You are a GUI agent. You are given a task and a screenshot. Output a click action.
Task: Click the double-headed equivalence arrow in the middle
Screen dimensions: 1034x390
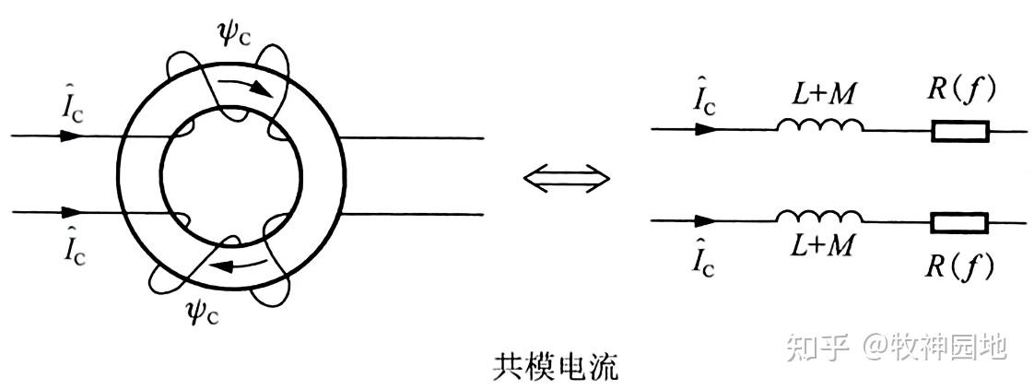[566, 178]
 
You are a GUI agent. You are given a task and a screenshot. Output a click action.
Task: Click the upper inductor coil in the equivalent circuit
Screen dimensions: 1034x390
[819, 127]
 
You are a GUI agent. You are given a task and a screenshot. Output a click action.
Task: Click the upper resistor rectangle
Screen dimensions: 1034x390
[959, 131]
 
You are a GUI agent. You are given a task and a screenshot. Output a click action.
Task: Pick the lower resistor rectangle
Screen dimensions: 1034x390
[959, 222]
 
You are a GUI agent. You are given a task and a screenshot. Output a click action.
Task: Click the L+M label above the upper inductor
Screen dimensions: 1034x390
[819, 94]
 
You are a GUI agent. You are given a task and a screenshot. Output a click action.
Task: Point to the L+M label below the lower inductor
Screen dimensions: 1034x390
[819, 247]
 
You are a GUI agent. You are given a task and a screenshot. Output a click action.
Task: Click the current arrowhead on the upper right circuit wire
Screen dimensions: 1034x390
[706, 130]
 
